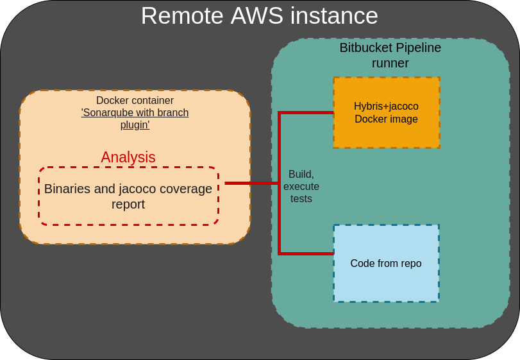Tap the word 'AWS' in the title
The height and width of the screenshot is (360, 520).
click(x=256, y=16)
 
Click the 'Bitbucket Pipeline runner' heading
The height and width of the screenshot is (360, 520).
click(x=390, y=55)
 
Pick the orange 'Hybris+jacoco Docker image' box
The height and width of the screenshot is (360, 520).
click(x=386, y=112)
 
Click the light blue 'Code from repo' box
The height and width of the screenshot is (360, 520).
click(x=386, y=263)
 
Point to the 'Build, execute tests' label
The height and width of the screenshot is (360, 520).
click(x=301, y=186)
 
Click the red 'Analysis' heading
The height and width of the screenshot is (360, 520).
click(x=128, y=157)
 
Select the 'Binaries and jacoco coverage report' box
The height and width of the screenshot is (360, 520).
click(x=128, y=196)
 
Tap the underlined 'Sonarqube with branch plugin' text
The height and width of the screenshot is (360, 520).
click(x=135, y=119)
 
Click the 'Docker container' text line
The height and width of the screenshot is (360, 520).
click(x=135, y=101)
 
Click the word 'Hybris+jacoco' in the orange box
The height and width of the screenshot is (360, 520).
click(x=386, y=106)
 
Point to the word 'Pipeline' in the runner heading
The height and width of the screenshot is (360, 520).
click(x=418, y=47)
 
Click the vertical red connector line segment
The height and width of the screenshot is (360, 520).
click(x=280, y=218)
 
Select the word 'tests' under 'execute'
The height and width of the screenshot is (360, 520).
click(x=301, y=199)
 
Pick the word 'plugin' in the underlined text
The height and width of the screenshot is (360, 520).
click(x=135, y=124)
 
